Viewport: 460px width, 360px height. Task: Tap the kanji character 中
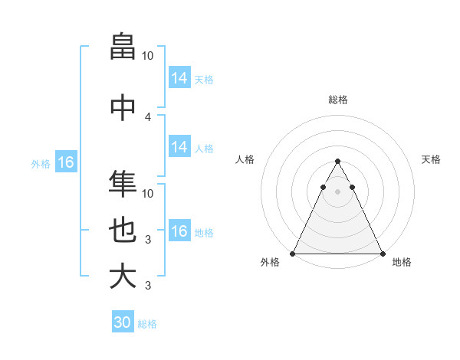pos(123,107)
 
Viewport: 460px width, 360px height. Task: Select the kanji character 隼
pos(123,184)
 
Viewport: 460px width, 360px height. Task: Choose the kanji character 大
pos(123,276)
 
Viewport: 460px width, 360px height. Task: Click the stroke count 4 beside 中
pos(148,116)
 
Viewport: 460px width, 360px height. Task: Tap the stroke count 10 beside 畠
pos(148,56)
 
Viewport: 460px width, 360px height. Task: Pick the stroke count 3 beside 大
pos(148,286)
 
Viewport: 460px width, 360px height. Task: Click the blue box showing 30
pos(123,322)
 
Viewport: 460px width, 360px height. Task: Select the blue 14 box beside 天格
pos(179,78)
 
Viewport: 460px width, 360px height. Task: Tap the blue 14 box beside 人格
pos(179,148)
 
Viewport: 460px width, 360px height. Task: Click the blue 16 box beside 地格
pos(179,232)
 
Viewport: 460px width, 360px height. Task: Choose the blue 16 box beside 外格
pos(65,162)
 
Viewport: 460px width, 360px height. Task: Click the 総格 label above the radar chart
pos(337,100)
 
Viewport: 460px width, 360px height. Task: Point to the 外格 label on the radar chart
pos(270,262)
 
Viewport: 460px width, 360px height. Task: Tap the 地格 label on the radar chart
pos(402,262)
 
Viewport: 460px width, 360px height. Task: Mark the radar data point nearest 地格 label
pos(382,254)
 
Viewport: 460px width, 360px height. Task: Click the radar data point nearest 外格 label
pos(293,254)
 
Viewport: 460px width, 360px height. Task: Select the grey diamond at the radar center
pos(337,191)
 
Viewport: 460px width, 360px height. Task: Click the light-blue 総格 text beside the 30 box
pos(147,324)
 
